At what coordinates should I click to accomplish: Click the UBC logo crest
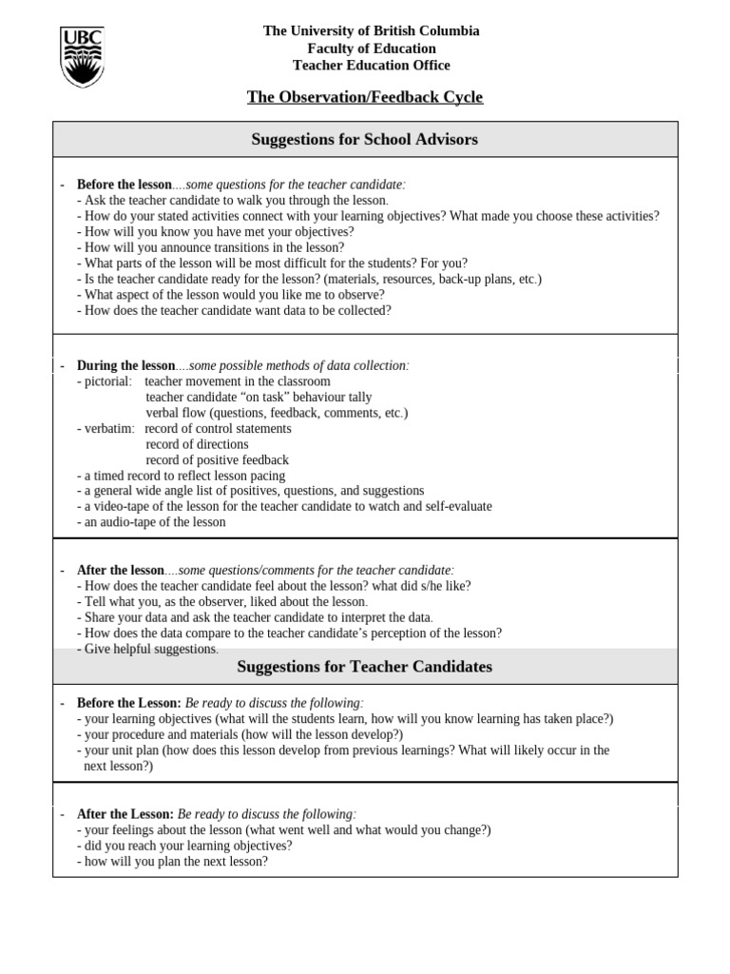coord(82,57)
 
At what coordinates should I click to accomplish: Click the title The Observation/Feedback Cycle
coord(365,97)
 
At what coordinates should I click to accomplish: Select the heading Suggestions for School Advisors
coord(365,140)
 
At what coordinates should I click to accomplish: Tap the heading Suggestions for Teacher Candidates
coord(365,667)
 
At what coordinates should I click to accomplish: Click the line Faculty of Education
coord(372,49)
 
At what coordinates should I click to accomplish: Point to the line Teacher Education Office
coord(372,66)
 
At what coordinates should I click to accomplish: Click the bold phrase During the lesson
coord(125,365)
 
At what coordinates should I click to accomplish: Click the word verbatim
coord(106,428)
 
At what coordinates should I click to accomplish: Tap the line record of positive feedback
coord(217,459)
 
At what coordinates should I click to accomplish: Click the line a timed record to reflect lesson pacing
coord(181,476)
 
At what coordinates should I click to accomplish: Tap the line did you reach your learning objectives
coord(184,846)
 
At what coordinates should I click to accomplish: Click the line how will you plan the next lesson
coord(172,862)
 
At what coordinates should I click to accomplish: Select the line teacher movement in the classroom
coord(238,381)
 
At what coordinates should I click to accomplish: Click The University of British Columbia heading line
coord(372,31)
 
